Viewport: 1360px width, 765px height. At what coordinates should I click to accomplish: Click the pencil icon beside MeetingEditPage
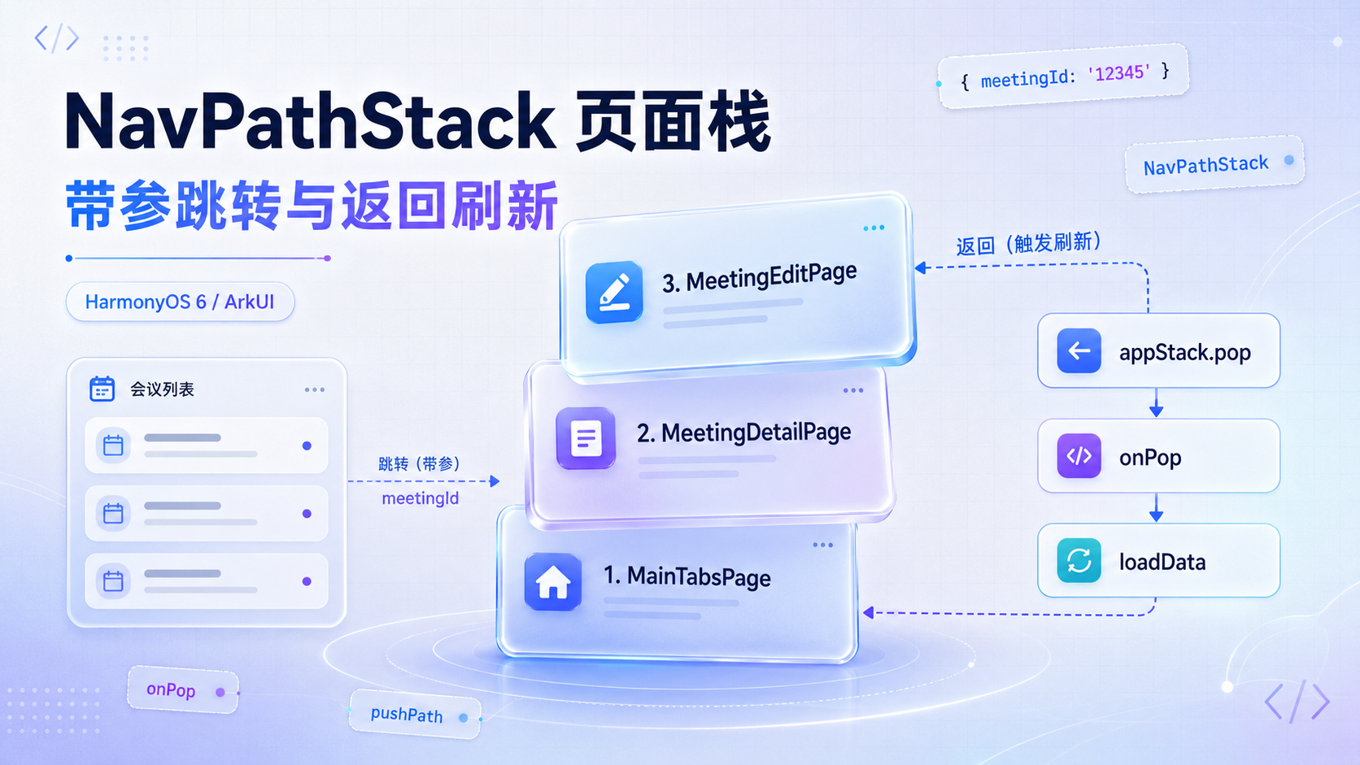[x=614, y=292]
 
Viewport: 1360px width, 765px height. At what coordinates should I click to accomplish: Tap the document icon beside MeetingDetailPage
[x=586, y=437]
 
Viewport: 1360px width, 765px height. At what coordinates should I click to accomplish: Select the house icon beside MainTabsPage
[x=552, y=581]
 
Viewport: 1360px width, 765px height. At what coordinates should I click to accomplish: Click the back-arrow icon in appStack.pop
[x=1079, y=350]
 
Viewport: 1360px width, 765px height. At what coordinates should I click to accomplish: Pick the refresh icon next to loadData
[x=1079, y=560]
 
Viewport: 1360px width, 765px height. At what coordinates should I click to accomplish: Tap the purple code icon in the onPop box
[x=1079, y=455]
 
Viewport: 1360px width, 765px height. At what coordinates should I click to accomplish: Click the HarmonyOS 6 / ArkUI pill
[x=181, y=302]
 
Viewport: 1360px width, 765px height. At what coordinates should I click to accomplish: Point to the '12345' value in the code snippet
[x=1119, y=74]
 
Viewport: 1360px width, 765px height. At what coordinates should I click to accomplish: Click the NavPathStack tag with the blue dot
[x=1215, y=164]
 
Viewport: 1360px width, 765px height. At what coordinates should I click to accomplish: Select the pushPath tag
[x=416, y=714]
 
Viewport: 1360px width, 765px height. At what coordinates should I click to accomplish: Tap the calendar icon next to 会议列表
[x=102, y=389]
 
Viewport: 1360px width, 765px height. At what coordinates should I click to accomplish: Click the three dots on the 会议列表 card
[x=315, y=389]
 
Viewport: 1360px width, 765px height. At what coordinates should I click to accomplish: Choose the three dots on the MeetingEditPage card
[x=874, y=228]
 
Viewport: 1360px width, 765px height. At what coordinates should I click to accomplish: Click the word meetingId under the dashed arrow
[x=421, y=498]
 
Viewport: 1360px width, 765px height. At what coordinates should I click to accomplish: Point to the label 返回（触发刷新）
[x=1028, y=244]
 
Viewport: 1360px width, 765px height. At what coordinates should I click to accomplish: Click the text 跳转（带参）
[x=419, y=464]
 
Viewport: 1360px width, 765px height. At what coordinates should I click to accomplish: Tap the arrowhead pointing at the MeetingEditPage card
[x=921, y=267]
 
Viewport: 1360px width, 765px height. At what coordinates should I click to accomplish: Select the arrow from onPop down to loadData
[x=1156, y=507]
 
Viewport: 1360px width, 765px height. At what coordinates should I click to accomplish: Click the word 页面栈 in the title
[x=673, y=121]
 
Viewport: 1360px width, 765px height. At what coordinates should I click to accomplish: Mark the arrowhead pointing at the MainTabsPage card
[x=869, y=613]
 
